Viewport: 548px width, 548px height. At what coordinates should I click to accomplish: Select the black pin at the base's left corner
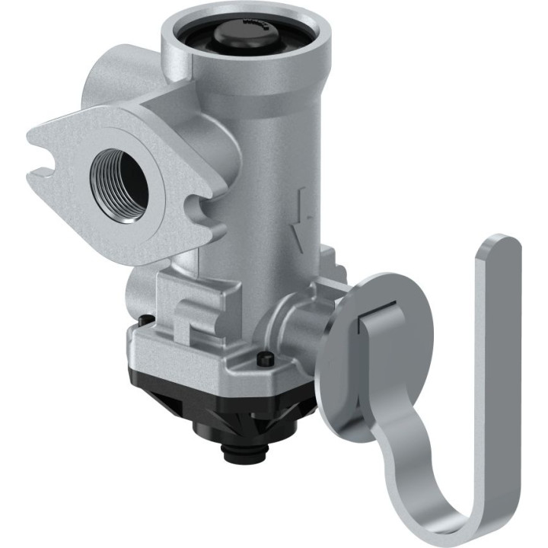pos(143,321)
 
